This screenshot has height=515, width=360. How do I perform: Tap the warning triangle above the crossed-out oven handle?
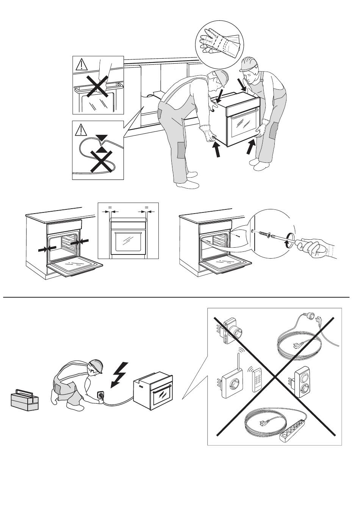[x=81, y=65]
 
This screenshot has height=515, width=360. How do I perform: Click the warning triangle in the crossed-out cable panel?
[x=81, y=130]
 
